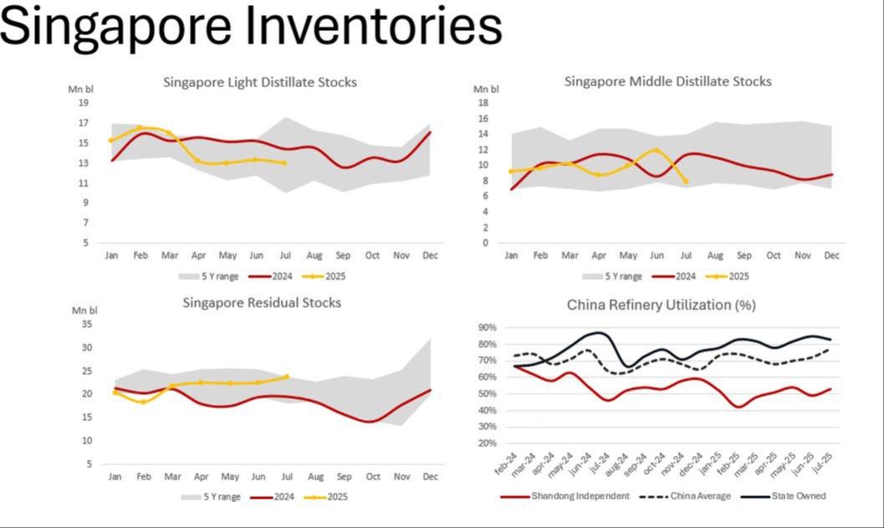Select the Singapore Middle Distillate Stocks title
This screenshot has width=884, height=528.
[x=667, y=81]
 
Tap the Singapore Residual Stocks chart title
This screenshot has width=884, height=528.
[x=262, y=302]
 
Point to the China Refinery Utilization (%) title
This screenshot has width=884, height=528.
[x=661, y=305]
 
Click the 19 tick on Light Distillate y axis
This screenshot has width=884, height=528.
[x=84, y=103]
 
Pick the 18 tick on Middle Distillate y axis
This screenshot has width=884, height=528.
[x=483, y=103]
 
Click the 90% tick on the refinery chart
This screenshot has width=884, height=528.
[x=487, y=327]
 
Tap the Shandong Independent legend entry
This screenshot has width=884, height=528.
[x=578, y=496]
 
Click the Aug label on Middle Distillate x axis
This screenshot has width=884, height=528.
[x=715, y=254]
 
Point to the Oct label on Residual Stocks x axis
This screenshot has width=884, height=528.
[x=371, y=476]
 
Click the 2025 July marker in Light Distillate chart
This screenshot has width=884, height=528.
[x=284, y=163]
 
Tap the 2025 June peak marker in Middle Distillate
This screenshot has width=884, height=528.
[x=657, y=151]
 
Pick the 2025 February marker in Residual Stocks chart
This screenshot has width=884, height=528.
[x=143, y=402]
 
